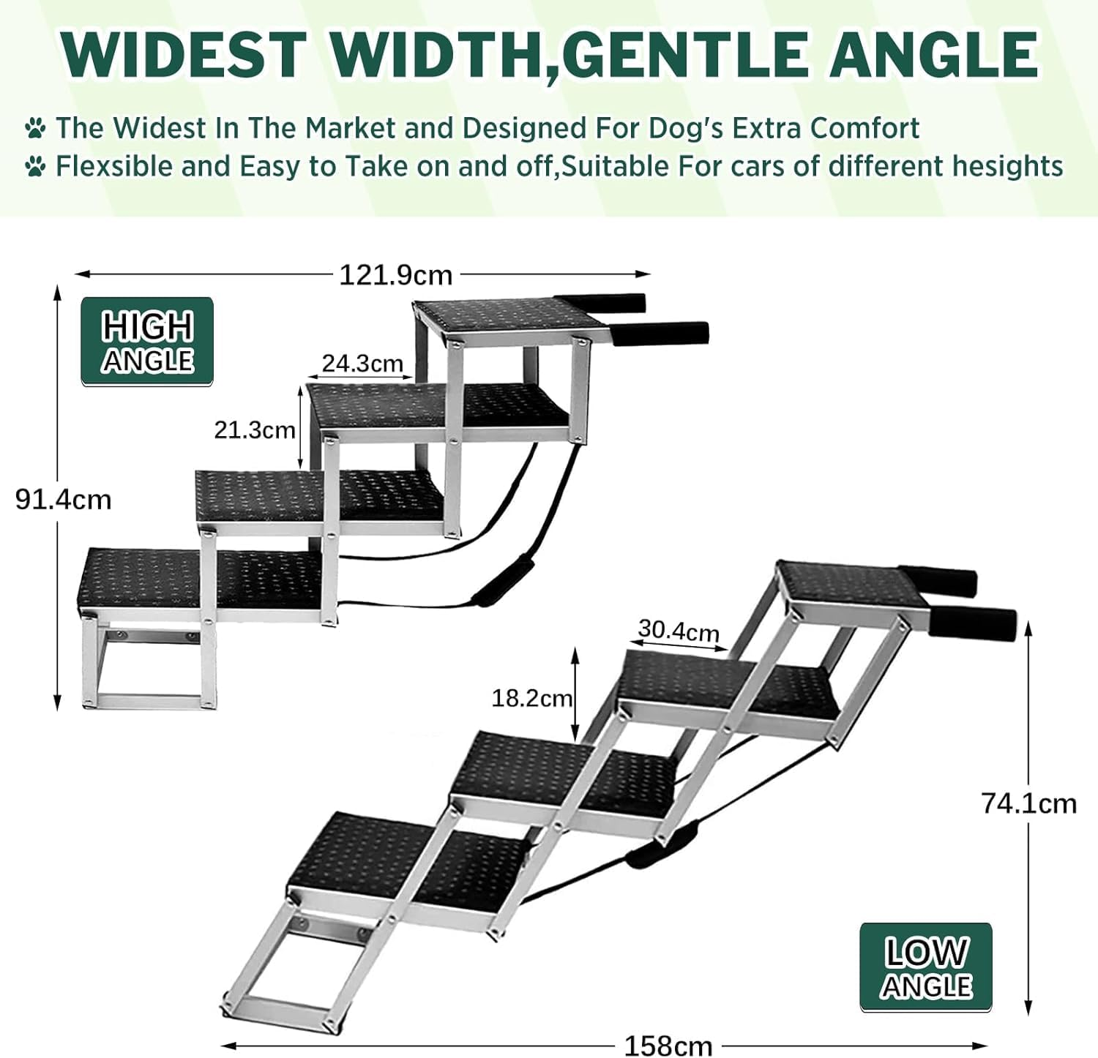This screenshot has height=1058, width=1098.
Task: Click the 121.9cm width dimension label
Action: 396,275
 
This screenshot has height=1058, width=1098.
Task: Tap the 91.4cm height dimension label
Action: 64,500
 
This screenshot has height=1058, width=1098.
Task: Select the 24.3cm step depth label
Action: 362,363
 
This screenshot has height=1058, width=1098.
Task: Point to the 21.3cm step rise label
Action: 254,429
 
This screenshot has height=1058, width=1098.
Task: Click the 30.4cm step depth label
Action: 679,630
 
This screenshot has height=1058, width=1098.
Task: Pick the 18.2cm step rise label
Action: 531,698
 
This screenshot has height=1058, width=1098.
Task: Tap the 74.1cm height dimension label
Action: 1028,803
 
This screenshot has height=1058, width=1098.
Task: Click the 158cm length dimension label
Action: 668,1045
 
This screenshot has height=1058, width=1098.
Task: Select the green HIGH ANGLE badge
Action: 147,342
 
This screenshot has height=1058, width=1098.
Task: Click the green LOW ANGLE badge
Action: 926,967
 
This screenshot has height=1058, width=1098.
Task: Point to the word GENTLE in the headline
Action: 687,54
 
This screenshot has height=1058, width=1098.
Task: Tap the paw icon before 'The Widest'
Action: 35,129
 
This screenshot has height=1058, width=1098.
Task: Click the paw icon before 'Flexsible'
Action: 35,167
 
